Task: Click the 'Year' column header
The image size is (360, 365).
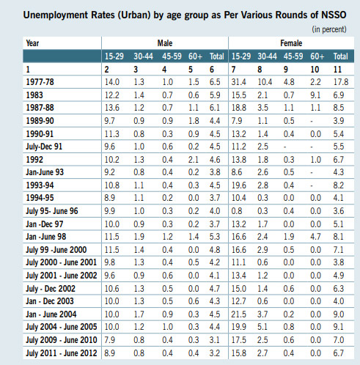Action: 32,43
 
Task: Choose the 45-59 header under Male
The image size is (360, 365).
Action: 170,56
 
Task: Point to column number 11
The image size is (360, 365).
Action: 339,68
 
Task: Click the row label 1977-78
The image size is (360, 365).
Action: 40,81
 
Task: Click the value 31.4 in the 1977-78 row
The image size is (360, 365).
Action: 240,81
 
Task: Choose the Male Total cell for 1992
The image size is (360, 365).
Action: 216,158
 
